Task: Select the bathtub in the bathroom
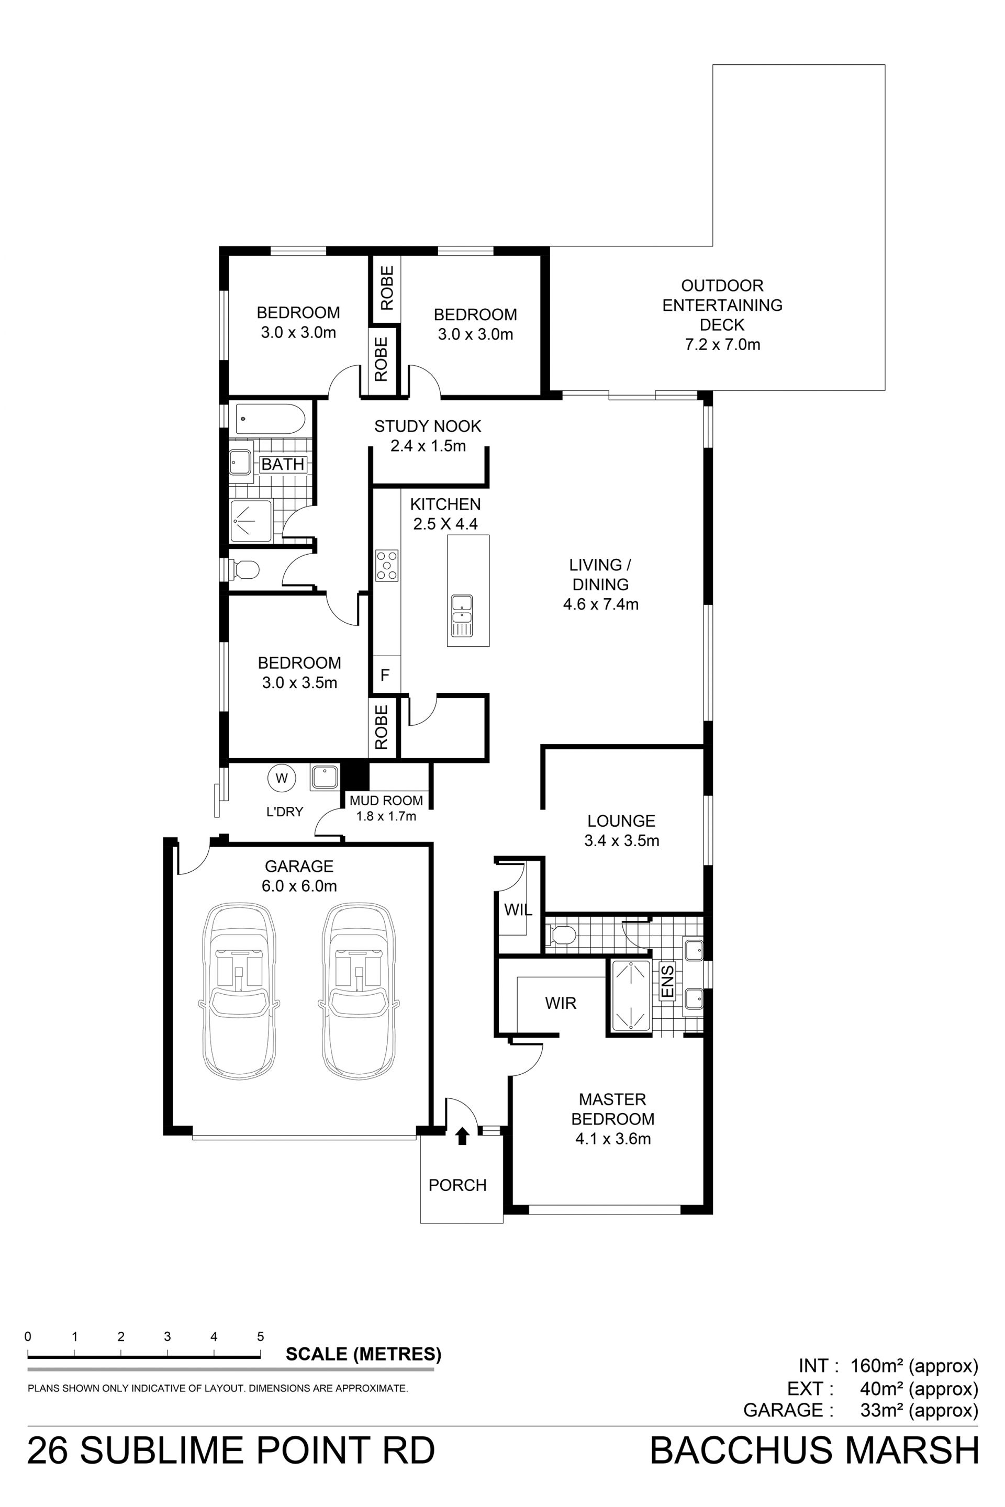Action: (271, 420)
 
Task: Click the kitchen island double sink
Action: (462, 616)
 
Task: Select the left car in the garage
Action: (239, 992)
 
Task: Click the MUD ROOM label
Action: (386, 800)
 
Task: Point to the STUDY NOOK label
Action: (428, 426)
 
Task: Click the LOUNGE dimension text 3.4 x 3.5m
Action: (622, 841)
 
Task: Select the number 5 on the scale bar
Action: (261, 1336)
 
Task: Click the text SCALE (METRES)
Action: (363, 1354)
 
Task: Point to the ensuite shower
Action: (631, 996)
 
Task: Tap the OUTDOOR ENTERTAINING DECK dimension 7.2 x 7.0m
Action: (722, 345)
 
